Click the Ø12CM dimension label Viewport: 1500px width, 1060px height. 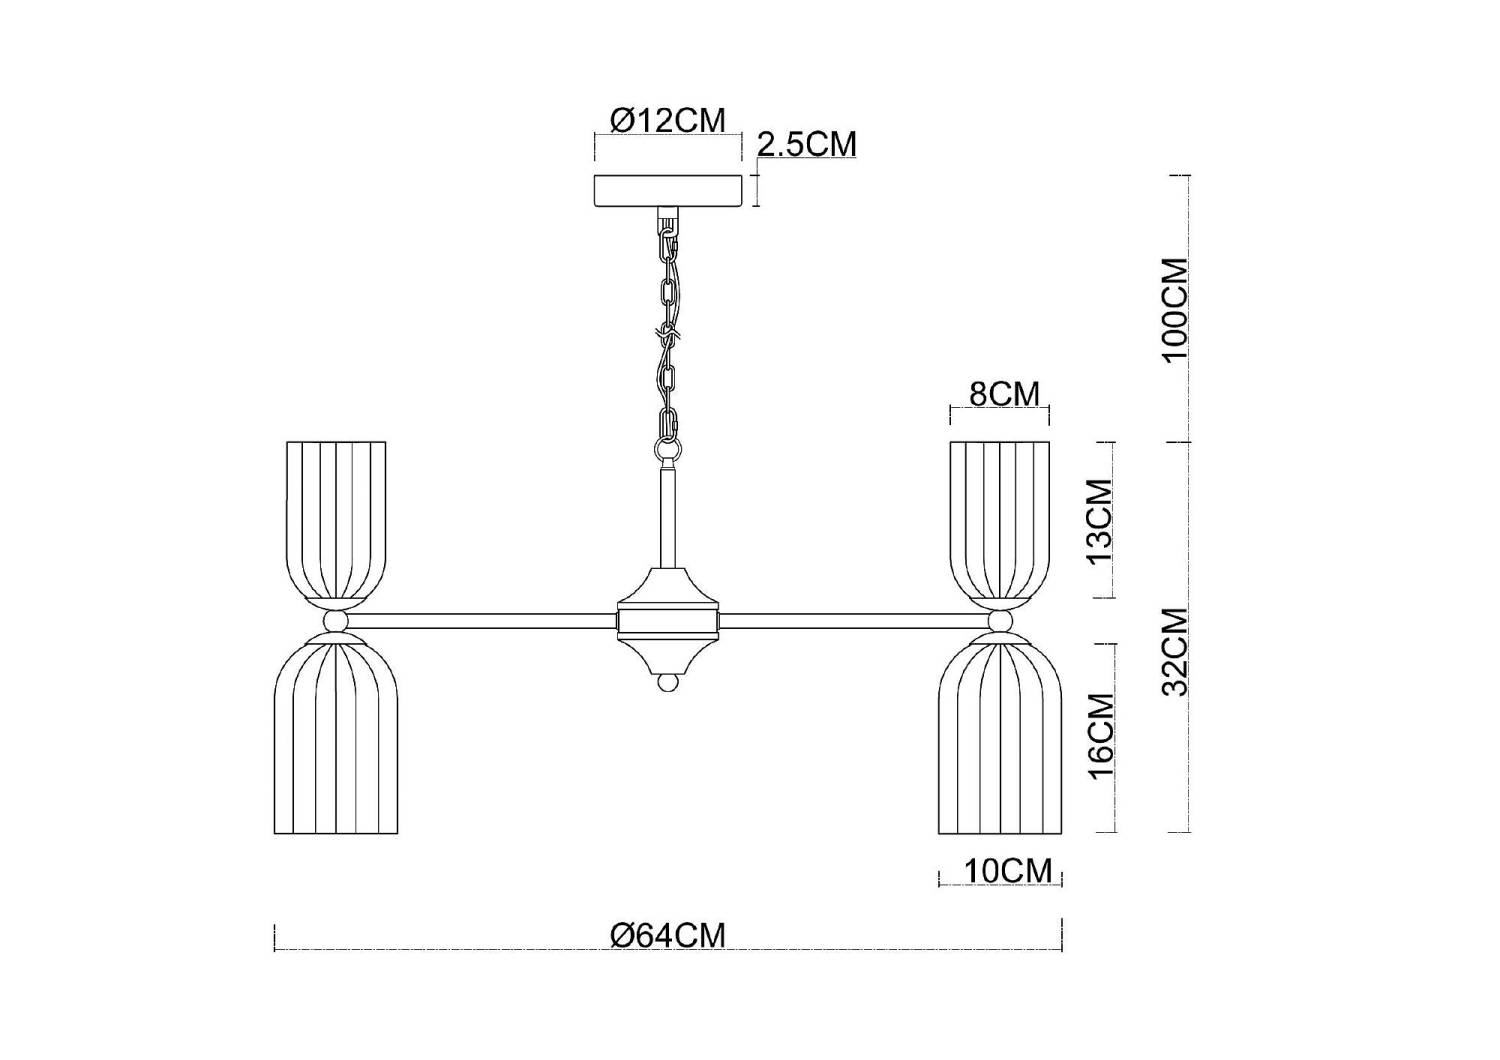click(668, 121)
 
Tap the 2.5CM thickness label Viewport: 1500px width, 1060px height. click(806, 144)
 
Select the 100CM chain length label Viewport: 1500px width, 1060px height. click(1175, 310)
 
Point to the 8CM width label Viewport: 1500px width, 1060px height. click(1004, 394)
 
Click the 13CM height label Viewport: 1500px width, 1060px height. click(1100, 522)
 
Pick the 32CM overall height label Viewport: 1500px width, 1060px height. click(1175, 652)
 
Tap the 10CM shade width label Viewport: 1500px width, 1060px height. click(1008, 871)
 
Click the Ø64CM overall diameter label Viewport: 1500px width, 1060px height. click(668, 935)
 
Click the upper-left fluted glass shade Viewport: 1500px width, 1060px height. click(336, 520)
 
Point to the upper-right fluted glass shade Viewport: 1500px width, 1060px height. click(1000, 520)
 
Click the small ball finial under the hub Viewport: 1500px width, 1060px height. click(668, 684)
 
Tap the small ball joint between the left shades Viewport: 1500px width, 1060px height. click(336, 621)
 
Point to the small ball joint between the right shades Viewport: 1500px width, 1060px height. click(1000, 621)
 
